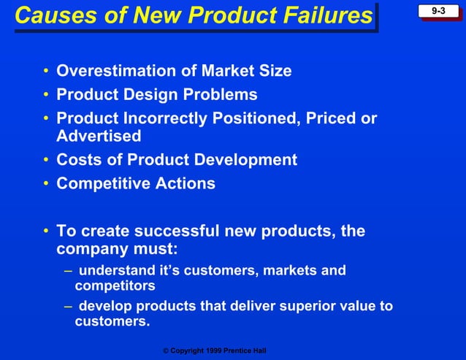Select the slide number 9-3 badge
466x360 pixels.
click(438, 11)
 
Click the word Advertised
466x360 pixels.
click(99, 136)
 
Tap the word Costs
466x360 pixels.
click(80, 160)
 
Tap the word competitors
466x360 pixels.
click(115, 286)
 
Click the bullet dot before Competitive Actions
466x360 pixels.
click(45, 183)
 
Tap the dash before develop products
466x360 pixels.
click(67, 306)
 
